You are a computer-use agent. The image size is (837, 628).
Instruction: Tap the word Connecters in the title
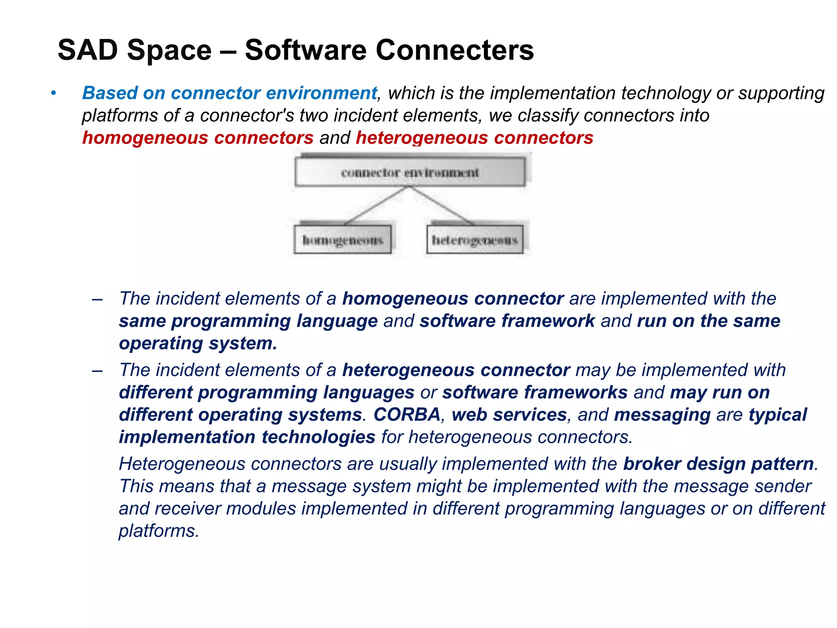point(454,50)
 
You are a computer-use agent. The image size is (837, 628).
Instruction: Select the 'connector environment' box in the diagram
point(410,172)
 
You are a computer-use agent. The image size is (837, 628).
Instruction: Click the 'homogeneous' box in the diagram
point(342,240)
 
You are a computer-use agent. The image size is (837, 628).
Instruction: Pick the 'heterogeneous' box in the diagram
point(474,240)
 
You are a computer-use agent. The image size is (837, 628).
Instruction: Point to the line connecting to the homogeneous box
point(376,206)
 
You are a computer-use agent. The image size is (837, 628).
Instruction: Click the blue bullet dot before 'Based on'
point(53,94)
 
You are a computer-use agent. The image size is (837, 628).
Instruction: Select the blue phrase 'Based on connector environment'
point(229,93)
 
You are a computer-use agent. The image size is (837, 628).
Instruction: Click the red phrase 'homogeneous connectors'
point(198,138)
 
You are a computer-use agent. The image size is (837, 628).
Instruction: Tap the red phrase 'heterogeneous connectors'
point(474,138)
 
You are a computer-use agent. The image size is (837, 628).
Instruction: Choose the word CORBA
point(407,415)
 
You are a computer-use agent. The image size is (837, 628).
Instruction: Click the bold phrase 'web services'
point(509,415)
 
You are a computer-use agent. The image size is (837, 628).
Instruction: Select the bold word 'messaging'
point(662,415)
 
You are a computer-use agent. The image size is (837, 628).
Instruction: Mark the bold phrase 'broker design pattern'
point(718,464)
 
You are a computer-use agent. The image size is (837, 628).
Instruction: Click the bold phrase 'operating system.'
point(198,343)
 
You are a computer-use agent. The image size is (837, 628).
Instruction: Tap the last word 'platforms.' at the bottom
point(159,531)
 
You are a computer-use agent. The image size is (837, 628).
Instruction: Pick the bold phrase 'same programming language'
point(248,321)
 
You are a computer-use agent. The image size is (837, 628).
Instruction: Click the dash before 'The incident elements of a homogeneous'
point(97,299)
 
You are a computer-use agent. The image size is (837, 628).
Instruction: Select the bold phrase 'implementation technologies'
point(247,437)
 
